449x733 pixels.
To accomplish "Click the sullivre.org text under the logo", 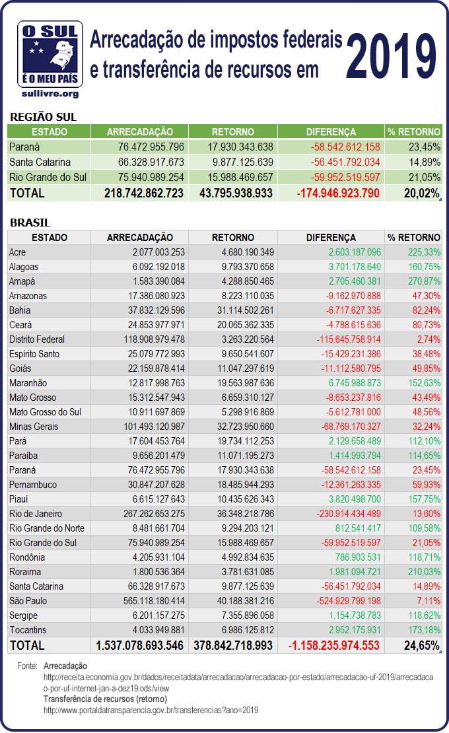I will click(51, 94).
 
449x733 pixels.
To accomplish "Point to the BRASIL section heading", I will click(30, 223).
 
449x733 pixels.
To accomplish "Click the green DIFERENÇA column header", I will click(331, 131).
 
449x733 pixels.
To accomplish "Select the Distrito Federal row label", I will click(37, 339).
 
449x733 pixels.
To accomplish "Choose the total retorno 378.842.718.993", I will click(233, 645).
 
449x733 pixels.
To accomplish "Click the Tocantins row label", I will click(28, 630).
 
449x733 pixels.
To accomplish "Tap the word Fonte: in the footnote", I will click(27, 667).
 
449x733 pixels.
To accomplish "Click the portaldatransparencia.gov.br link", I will click(151, 711).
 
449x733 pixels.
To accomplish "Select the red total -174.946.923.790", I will click(338, 193).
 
